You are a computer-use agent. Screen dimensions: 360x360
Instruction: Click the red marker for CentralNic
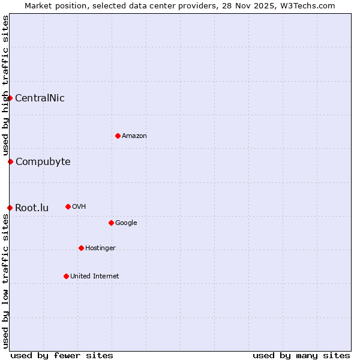coord(10,98)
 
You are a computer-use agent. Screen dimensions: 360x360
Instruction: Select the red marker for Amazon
coord(118,136)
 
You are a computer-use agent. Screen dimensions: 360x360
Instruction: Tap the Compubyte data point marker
coord(10,161)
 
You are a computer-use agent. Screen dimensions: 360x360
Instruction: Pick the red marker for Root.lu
coord(10,208)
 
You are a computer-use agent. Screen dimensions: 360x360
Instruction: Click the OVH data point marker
coord(68,206)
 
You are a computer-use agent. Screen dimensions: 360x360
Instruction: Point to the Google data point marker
coord(111,223)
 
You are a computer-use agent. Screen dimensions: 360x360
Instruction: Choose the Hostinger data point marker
coord(81,248)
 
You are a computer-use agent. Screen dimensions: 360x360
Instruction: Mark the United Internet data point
coord(66,276)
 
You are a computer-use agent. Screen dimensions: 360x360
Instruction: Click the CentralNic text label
coord(40,98)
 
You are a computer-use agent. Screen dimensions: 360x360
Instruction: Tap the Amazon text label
coord(134,136)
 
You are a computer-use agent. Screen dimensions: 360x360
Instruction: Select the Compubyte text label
coord(43,161)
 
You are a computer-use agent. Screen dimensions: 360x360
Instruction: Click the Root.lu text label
coord(32,208)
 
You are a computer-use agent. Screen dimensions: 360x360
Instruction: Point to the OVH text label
coord(79,206)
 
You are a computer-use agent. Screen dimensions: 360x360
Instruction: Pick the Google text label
coord(126,223)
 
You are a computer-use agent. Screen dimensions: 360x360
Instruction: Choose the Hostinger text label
coord(100,248)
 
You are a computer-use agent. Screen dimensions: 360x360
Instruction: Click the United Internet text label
coord(94,276)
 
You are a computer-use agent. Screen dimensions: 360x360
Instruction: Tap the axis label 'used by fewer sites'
coord(62,355)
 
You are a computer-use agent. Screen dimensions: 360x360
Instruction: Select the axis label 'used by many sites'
coord(301,355)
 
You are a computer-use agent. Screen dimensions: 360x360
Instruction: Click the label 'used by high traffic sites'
coord(6,86)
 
